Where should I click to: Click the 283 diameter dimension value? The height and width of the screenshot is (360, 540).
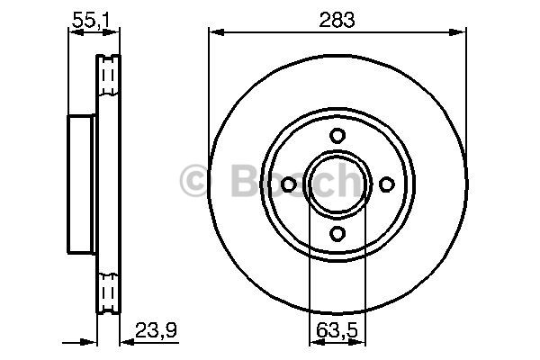(x=337, y=20)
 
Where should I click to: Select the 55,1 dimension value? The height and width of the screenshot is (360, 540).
(x=90, y=20)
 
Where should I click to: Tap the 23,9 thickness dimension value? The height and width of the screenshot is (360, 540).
(x=156, y=330)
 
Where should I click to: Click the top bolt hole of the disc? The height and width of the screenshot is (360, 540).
(x=337, y=135)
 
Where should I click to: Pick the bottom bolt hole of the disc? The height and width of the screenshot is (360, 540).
(x=337, y=233)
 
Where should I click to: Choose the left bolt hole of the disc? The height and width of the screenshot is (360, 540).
(x=289, y=184)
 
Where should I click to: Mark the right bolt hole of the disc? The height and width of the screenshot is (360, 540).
(x=387, y=184)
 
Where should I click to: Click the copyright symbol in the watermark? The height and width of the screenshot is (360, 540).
(x=195, y=180)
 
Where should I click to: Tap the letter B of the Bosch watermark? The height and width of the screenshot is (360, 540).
(x=245, y=180)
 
